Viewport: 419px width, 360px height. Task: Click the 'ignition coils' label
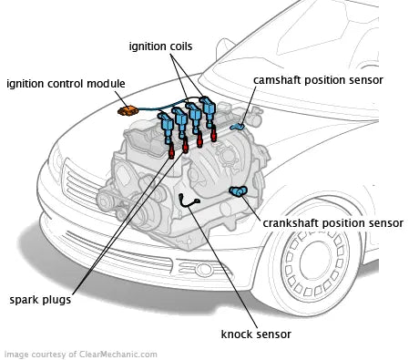[x=160, y=46]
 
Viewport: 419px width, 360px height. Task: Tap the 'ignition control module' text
[x=66, y=84]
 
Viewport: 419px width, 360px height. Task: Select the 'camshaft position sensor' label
[x=318, y=80]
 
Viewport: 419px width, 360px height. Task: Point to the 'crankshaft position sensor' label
[x=332, y=223]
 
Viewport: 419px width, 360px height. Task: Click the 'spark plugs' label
[x=40, y=300]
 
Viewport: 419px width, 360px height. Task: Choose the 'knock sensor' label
[x=256, y=334]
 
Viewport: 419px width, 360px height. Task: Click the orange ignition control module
[x=128, y=110]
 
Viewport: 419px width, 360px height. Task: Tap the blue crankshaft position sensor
[x=239, y=191]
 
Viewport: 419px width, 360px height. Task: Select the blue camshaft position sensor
[x=238, y=126]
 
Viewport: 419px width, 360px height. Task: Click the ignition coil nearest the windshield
[x=208, y=111]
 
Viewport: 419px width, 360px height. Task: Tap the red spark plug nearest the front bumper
[x=171, y=151]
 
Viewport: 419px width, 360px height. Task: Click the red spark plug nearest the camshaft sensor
[x=213, y=134]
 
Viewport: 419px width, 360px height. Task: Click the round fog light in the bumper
[x=204, y=269]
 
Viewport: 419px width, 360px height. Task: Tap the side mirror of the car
[x=224, y=49]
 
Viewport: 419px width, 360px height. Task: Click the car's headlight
[x=56, y=162]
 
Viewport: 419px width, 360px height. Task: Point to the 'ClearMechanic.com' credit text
[x=118, y=355]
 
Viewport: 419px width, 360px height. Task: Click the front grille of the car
[x=81, y=185]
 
